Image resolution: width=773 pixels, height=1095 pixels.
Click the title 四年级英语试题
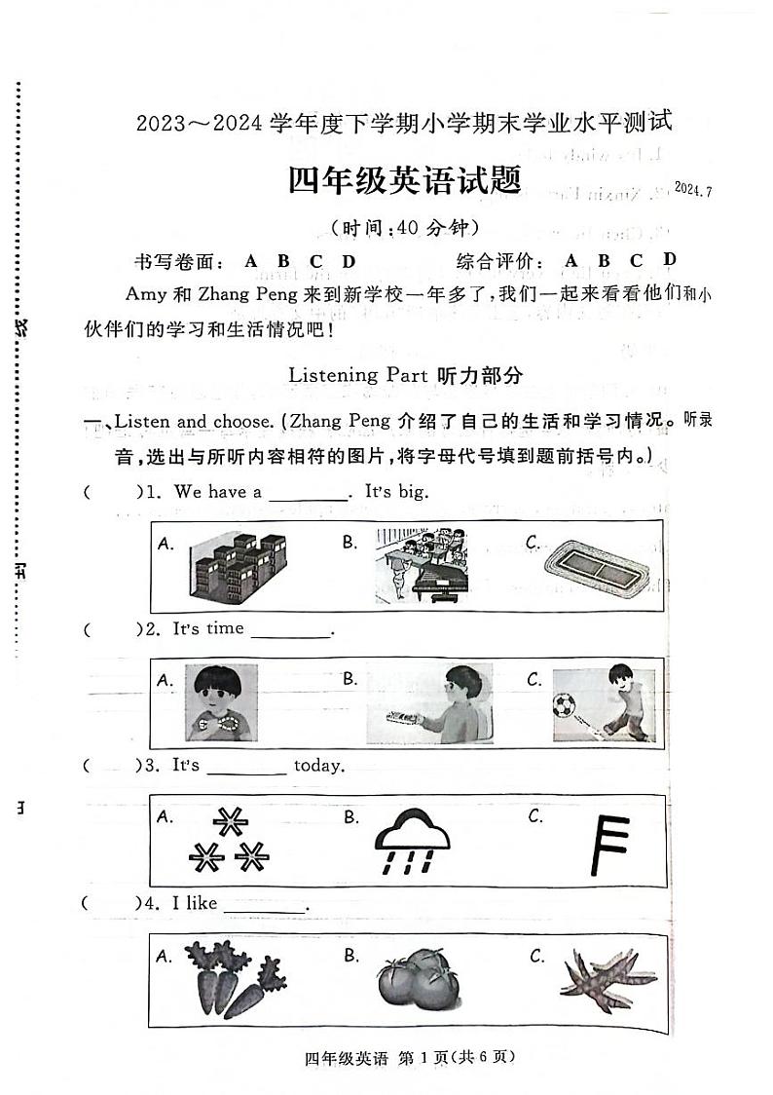click(x=404, y=179)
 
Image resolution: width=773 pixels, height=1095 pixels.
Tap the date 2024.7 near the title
click(x=692, y=190)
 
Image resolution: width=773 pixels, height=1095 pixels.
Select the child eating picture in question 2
click(x=222, y=703)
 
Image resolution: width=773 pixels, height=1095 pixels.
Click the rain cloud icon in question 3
click(x=415, y=841)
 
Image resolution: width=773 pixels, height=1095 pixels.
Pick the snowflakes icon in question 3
click(x=230, y=842)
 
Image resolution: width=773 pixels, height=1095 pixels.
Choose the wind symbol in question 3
click(x=609, y=843)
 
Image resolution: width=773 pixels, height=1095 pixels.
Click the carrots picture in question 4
click(x=222, y=979)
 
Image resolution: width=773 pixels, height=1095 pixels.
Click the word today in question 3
click(x=319, y=766)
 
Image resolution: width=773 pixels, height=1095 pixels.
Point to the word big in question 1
click(x=413, y=492)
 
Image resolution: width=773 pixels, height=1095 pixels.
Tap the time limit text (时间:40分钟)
click(x=406, y=229)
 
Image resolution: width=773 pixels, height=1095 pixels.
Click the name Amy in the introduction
click(x=144, y=293)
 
